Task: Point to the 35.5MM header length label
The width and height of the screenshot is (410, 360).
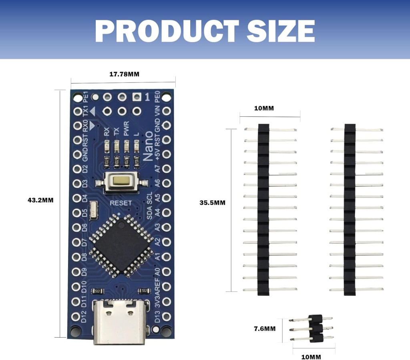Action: (212, 203)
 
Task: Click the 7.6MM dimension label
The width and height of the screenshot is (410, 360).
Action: (265, 329)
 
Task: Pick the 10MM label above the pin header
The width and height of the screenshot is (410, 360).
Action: (264, 108)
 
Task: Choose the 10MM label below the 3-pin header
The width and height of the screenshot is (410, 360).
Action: (311, 357)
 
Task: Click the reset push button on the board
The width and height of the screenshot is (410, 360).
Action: (119, 181)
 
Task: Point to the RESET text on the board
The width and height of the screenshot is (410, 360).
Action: (121, 203)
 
